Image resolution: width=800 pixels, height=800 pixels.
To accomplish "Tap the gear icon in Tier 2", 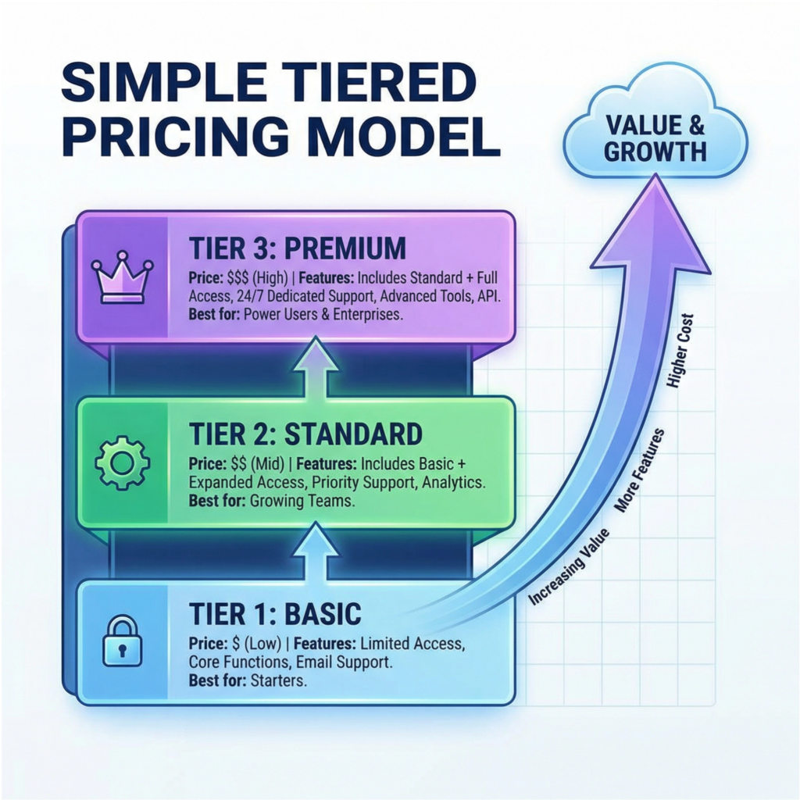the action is pyautogui.click(x=123, y=462).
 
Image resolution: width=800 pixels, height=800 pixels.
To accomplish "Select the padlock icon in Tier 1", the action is pyautogui.click(x=123, y=641).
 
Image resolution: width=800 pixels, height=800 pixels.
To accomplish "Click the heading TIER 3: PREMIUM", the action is pyautogui.click(x=298, y=248).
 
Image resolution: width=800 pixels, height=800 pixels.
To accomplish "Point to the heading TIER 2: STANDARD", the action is pyautogui.click(x=305, y=434).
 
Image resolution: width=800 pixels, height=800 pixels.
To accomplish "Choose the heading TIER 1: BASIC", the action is pyautogui.click(x=275, y=613).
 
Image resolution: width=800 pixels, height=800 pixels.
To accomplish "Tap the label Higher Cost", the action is pyautogui.click(x=681, y=351).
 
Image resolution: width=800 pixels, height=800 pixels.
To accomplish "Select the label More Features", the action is pyautogui.click(x=639, y=470).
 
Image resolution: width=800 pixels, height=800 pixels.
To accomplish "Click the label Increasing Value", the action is pyautogui.click(x=569, y=567).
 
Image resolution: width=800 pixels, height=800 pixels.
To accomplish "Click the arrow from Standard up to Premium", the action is pyautogui.click(x=316, y=366).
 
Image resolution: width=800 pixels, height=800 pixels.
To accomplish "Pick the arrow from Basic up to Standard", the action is pyautogui.click(x=316, y=551).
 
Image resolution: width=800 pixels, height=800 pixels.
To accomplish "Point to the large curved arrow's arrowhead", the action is pyautogui.click(x=651, y=224).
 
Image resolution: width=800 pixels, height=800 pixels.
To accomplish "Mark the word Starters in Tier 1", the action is pyautogui.click(x=279, y=680).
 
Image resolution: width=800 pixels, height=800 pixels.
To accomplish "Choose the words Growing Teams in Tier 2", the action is pyautogui.click(x=302, y=501).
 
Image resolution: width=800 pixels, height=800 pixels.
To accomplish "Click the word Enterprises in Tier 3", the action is pyautogui.click(x=368, y=314).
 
